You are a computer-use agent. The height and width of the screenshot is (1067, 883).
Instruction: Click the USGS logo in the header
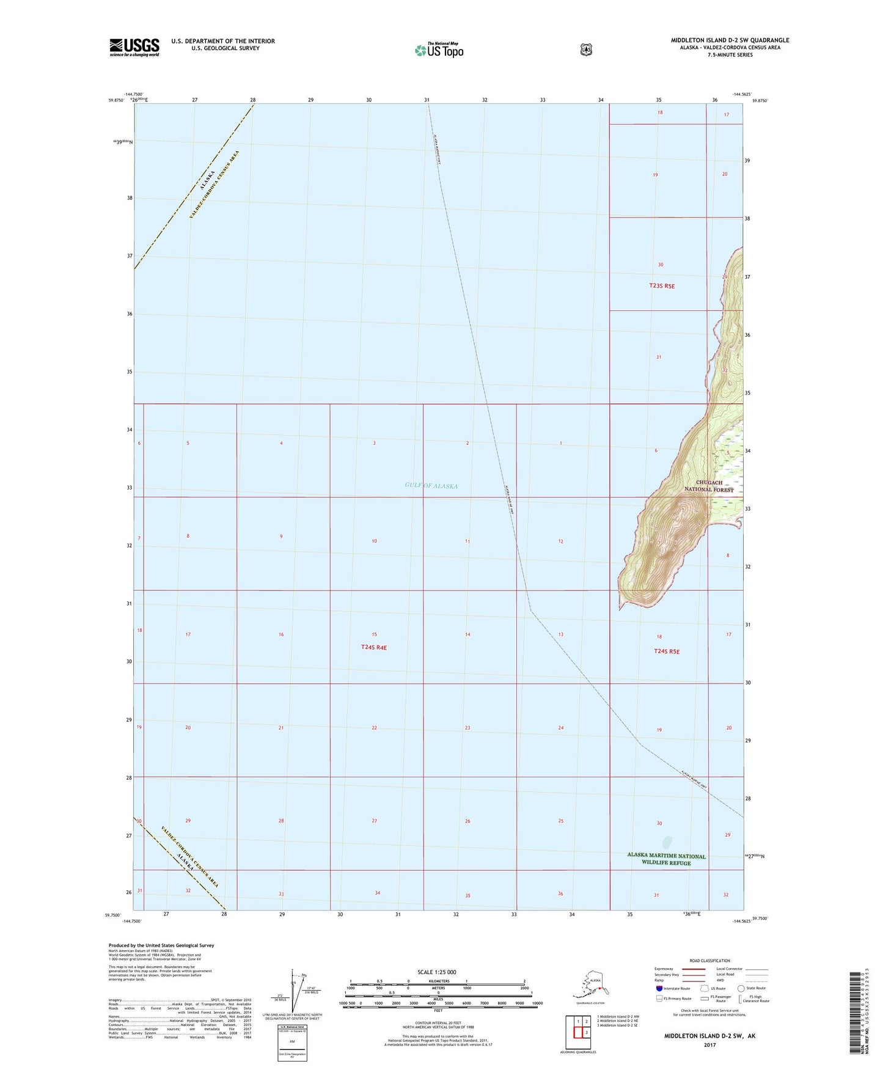point(134,47)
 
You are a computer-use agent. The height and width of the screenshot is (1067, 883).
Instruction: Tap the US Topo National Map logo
point(438,50)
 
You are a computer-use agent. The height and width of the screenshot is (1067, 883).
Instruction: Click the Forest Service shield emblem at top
point(586,50)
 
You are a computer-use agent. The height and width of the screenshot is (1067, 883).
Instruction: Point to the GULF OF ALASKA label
point(431,486)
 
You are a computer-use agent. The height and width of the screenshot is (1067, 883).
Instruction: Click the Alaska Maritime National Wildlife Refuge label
point(666,859)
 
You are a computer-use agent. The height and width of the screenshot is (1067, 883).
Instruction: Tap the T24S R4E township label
point(374,647)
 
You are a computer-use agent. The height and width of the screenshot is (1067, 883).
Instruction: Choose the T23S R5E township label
point(662,286)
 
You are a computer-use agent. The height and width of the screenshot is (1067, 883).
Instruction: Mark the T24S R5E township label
point(667,651)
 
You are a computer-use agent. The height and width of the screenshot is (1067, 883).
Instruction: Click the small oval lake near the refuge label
point(667,842)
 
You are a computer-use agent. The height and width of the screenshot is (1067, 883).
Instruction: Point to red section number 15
point(375,634)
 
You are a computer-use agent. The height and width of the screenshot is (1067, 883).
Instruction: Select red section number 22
point(375,728)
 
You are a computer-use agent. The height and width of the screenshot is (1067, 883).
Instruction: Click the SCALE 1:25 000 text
point(436,972)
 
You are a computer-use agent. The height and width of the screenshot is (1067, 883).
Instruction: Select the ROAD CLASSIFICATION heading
point(709,961)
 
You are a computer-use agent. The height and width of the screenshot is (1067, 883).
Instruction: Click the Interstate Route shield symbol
point(659,988)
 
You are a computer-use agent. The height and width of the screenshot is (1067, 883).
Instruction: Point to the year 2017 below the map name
point(709,1045)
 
